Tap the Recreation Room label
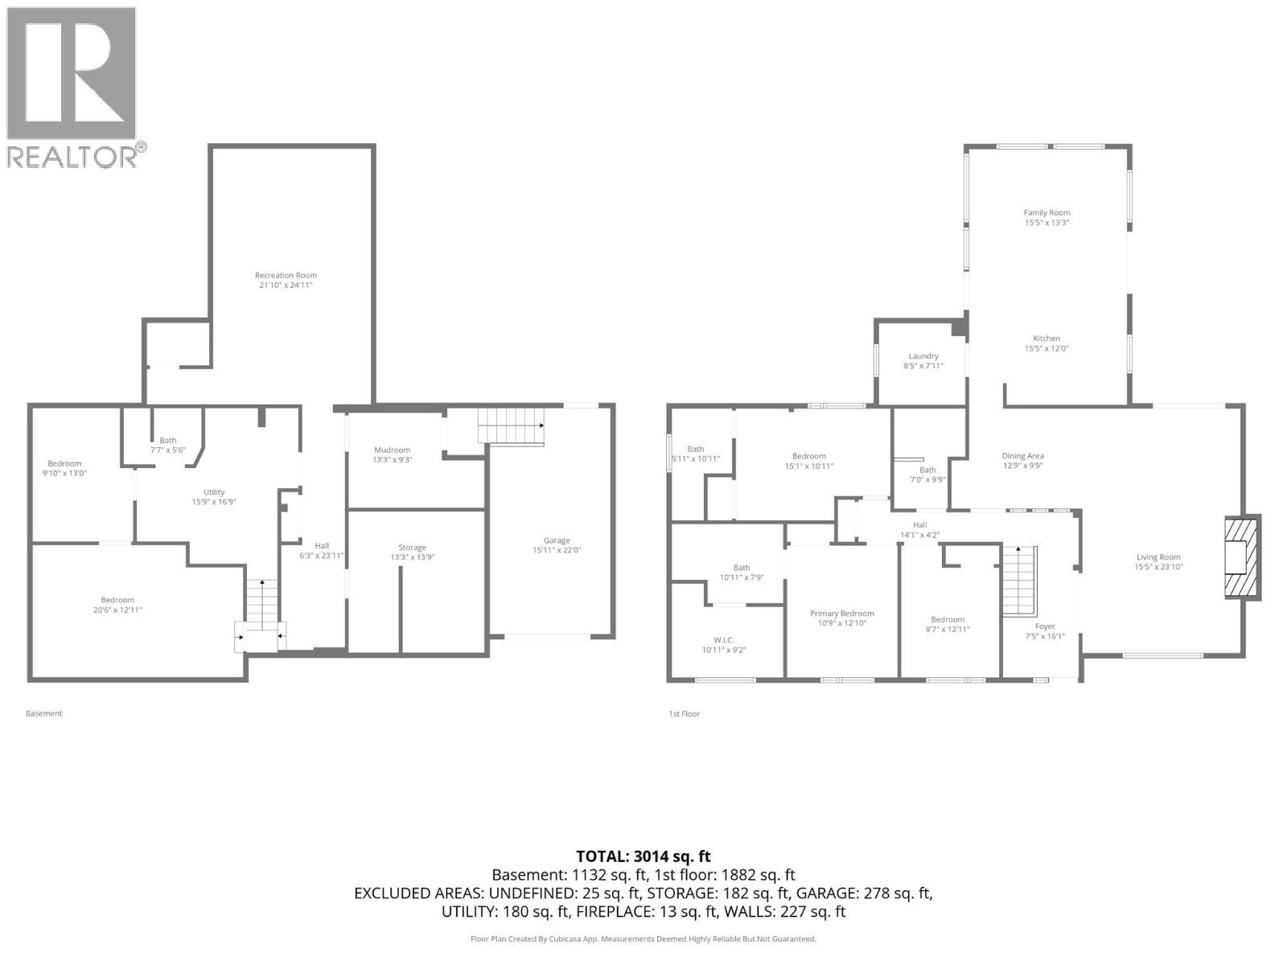tap(286, 275)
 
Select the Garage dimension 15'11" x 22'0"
tap(557, 551)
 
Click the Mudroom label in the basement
tap(392, 450)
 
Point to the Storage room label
tap(412, 548)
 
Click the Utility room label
tap(214, 492)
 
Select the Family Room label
tap(1046, 212)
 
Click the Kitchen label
tap(1046, 339)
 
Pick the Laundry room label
tap(923, 356)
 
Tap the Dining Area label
tap(1022, 456)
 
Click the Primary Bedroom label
tap(841, 614)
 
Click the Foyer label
tap(1045, 626)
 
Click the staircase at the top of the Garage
tap(510, 425)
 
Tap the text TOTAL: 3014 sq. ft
tap(643, 856)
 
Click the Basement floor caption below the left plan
tap(43, 713)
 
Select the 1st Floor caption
tap(684, 713)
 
